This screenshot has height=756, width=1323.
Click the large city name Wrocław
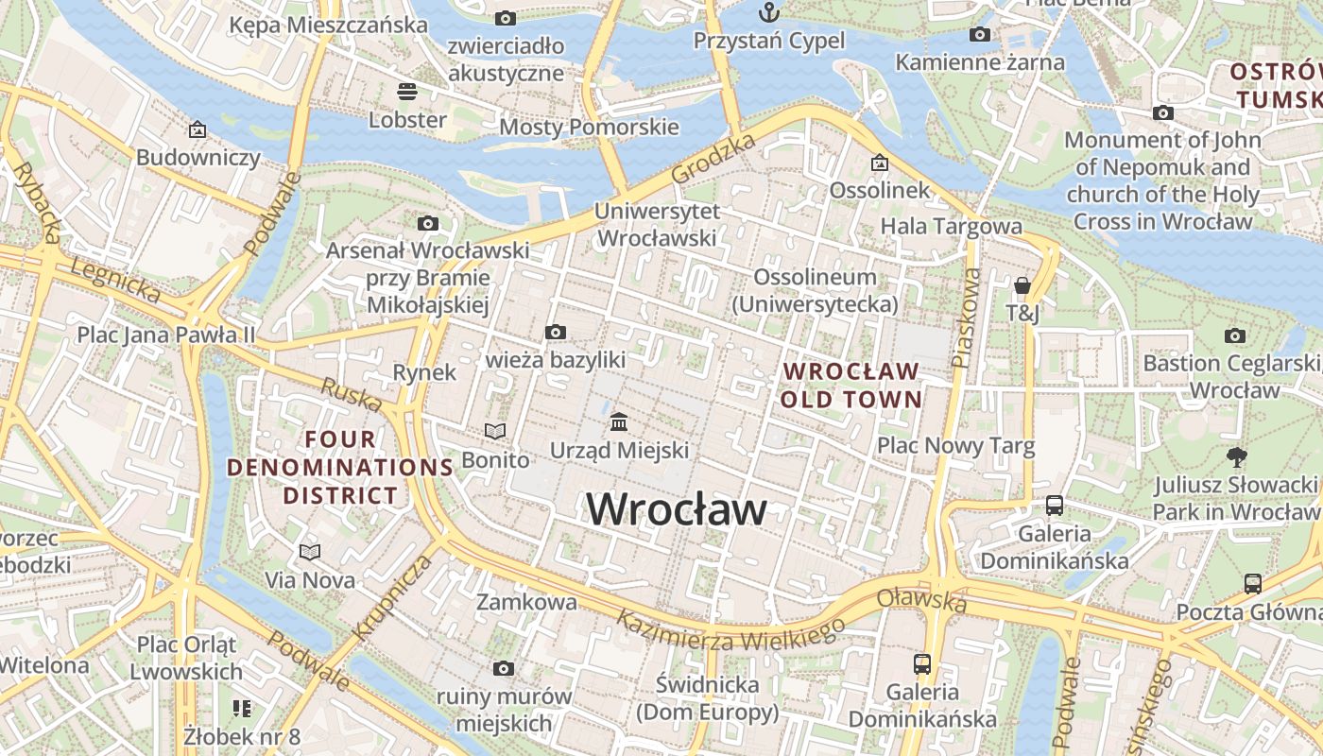click(x=677, y=509)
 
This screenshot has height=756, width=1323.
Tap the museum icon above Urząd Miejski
click(x=620, y=421)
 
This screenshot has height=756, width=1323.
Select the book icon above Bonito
click(x=495, y=431)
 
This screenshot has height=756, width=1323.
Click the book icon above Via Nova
click(x=310, y=551)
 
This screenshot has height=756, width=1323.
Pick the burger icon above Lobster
click(x=407, y=91)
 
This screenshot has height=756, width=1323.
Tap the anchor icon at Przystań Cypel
click(x=769, y=12)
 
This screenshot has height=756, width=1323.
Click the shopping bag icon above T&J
click(x=1022, y=284)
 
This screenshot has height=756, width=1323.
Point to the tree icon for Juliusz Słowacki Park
click(x=1235, y=457)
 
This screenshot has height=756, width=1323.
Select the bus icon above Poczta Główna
click(x=1252, y=583)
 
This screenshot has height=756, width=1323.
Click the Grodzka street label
click(x=714, y=158)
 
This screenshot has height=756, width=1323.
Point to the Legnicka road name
click(x=115, y=282)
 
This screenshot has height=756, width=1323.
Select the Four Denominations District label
click(x=340, y=467)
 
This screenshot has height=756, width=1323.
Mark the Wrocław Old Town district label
click(x=850, y=385)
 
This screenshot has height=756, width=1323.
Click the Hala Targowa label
click(x=951, y=227)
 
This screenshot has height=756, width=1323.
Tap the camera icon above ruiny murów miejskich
click(x=504, y=668)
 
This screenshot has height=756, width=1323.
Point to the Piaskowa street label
click(x=966, y=318)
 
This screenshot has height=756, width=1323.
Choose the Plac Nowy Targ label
click(x=955, y=445)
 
